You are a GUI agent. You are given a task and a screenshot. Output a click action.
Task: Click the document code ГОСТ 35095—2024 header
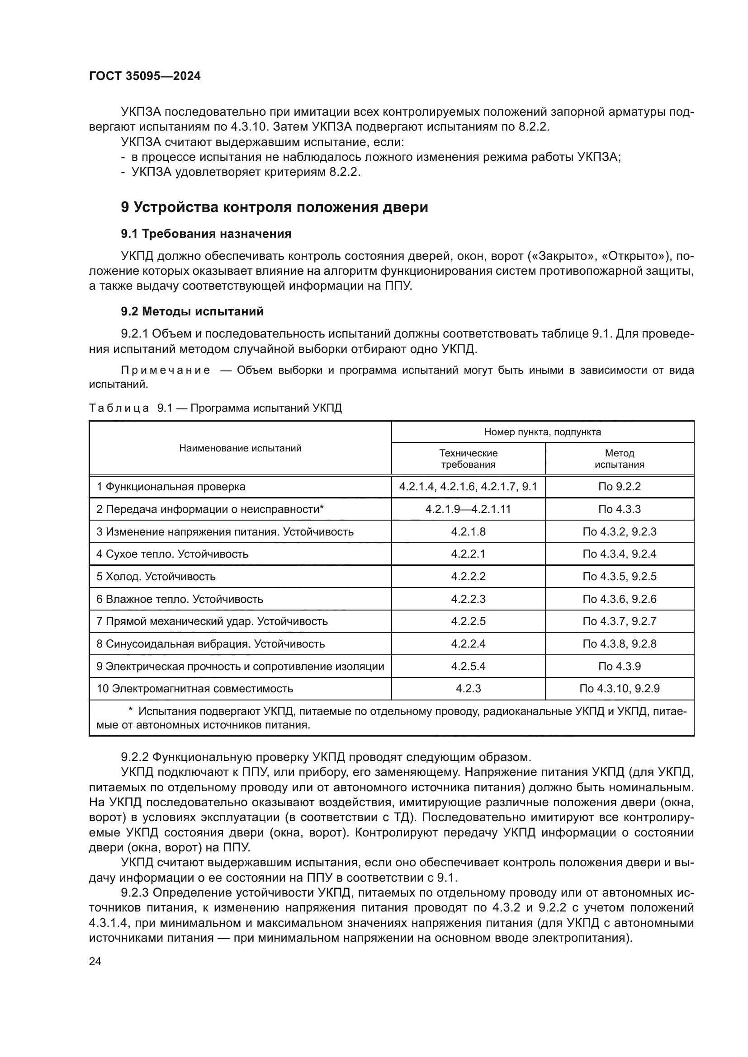click(145, 76)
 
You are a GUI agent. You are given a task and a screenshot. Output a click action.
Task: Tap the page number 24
click(95, 961)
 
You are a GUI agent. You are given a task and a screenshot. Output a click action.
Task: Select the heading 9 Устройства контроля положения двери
click(274, 207)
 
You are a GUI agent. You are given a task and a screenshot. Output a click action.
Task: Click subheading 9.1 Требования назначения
click(206, 234)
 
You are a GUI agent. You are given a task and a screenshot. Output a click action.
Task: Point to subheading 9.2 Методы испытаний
click(192, 312)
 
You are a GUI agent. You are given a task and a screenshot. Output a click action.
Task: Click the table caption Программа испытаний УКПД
click(266, 408)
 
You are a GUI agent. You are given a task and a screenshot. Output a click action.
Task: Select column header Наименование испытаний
click(240, 448)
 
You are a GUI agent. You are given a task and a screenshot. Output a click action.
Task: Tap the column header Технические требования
click(468, 459)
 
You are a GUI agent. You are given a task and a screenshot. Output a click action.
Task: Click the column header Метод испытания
click(619, 459)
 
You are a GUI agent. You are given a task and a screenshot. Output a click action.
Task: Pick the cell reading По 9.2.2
click(619, 487)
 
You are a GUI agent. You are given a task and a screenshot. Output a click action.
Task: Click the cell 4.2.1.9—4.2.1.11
click(468, 509)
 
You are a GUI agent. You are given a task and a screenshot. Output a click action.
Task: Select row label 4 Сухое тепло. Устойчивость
click(172, 554)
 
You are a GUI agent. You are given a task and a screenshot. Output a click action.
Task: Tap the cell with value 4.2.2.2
click(468, 576)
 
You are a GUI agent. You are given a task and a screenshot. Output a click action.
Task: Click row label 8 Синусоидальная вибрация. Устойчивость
click(210, 644)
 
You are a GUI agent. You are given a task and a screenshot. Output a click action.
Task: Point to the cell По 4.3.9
click(619, 666)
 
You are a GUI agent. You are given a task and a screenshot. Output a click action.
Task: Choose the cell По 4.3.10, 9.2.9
click(619, 689)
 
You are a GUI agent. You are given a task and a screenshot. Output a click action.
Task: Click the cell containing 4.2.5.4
click(468, 666)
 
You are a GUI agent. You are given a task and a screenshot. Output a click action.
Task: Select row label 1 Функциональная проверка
click(171, 487)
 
